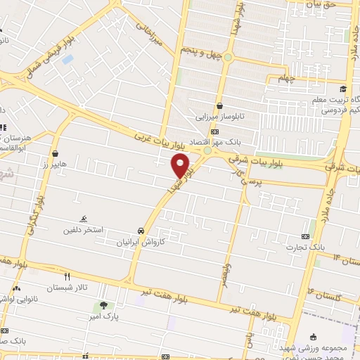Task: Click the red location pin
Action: [181, 165]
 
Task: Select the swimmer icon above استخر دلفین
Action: [84, 219]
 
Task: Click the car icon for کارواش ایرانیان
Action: [141, 230]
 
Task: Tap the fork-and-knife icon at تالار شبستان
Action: [67, 276]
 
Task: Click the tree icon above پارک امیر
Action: [104, 305]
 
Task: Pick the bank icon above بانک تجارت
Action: [304, 236]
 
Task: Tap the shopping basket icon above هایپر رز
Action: [55, 153]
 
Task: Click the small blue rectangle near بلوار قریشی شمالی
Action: [67, 59]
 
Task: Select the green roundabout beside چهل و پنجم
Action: [207, 150]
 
